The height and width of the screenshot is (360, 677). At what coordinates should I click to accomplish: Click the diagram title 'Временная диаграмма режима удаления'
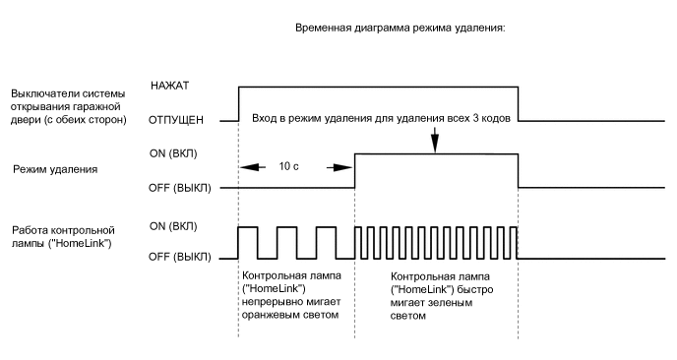[400, 29]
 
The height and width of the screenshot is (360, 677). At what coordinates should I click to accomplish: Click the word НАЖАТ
[171, 86]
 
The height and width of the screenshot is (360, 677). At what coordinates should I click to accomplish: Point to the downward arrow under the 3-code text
[435, 143]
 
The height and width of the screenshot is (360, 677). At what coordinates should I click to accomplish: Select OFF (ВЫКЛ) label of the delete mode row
[179, 187]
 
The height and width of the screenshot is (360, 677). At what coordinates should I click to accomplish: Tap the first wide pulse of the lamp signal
[248, 242]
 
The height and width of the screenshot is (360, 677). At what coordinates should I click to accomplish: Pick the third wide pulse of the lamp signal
[326, 242]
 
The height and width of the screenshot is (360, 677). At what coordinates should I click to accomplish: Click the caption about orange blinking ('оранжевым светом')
[289, 294]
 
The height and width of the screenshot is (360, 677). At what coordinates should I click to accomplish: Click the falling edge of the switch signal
[519, 103]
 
